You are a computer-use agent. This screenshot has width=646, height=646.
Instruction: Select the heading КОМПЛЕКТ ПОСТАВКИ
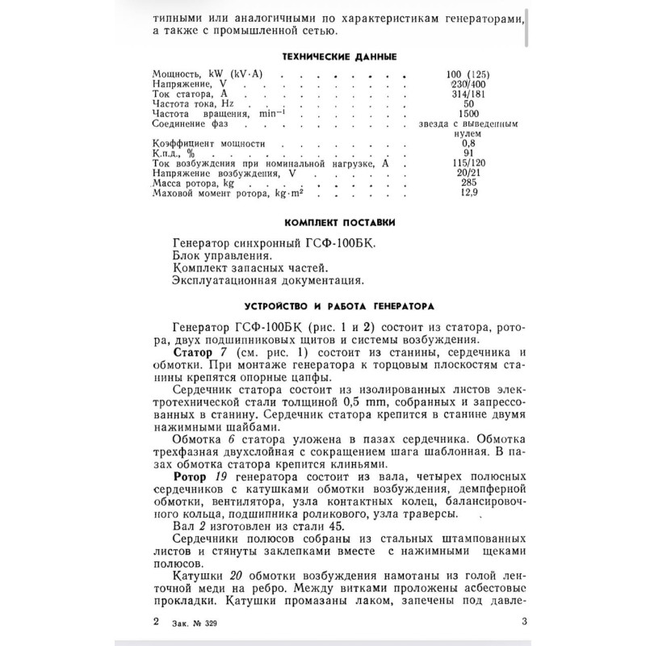point(329,222)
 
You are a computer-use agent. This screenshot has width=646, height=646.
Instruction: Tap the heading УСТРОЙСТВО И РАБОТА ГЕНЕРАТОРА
point(328,306)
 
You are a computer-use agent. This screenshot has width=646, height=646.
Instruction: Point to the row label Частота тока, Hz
point(192,104)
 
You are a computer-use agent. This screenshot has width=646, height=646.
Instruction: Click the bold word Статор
point(195,353)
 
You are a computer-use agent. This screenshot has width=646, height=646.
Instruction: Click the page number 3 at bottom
point(525,621)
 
